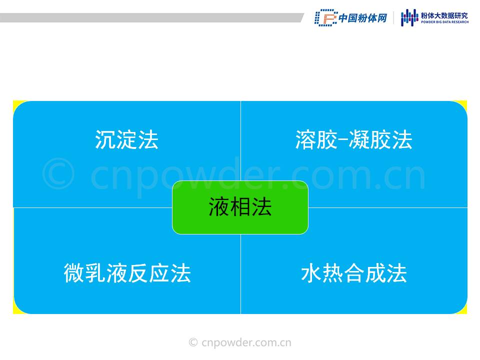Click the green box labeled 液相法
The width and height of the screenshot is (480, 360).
point(240,207)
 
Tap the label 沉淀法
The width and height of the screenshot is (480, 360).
point(126,139)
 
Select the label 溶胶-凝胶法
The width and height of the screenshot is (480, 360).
point(353,139)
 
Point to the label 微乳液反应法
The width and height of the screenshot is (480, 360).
point(127,273)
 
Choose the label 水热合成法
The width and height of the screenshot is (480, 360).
point(354,273)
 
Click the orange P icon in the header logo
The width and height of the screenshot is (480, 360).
point(326,18)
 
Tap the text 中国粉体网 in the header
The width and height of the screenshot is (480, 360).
point(363,18)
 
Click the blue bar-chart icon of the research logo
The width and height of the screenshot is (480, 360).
point(409,17)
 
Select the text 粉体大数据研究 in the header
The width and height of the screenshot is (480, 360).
point(444,15)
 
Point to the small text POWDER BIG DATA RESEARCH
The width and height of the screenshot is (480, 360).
point(444,22)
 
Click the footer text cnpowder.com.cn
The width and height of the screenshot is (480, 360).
point(246,342)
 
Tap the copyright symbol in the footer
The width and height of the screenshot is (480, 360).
point(193,342)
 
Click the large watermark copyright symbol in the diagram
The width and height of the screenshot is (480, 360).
point(58,173)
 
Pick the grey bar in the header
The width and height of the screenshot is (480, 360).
point(151,17)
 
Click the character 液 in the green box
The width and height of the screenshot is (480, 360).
point(219,207)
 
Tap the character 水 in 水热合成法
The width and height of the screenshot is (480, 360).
point(311,273)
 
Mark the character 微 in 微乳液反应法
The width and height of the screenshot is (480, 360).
point(74,273)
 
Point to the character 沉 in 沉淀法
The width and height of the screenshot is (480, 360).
point(105,139)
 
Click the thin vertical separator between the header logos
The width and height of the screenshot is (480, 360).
point(393,18)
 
